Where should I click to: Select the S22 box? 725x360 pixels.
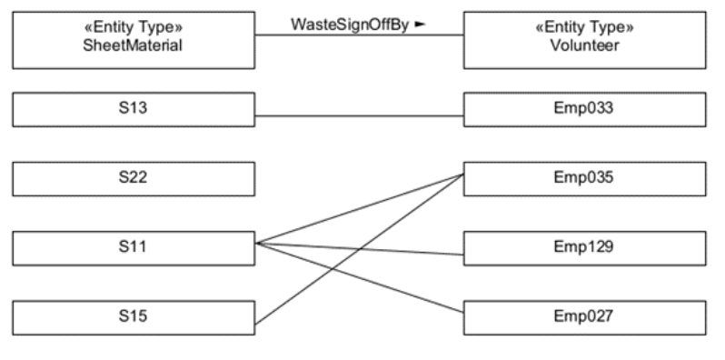point(134,176)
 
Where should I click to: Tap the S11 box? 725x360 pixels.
point(134,245)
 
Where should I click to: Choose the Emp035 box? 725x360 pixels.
point(584,176)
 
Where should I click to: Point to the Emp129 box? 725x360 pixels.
point(584,245)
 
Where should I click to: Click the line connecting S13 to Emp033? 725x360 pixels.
point(359,116)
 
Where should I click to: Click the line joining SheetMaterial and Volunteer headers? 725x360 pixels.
point(359,35)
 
